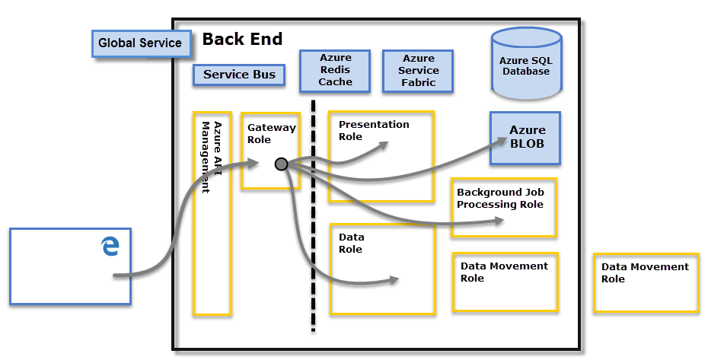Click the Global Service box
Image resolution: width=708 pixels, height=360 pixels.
click(140, 43)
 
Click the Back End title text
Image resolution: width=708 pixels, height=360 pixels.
click(242, 40)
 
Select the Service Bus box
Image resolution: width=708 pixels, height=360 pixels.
click(239, 75)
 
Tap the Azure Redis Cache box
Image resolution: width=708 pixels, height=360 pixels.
click(335, 70)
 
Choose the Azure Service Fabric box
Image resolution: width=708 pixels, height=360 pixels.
click(418, 70)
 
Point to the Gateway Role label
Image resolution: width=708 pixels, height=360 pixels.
click(271, 134)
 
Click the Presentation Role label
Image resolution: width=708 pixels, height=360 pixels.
click(373, 130)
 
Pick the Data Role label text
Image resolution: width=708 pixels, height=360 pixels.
click(351, 244)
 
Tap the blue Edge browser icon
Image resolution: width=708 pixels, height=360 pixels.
click(111, 246)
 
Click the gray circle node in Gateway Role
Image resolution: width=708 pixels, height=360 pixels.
click(281, 164)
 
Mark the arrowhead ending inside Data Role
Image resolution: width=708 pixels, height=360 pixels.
click(394, 279)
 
